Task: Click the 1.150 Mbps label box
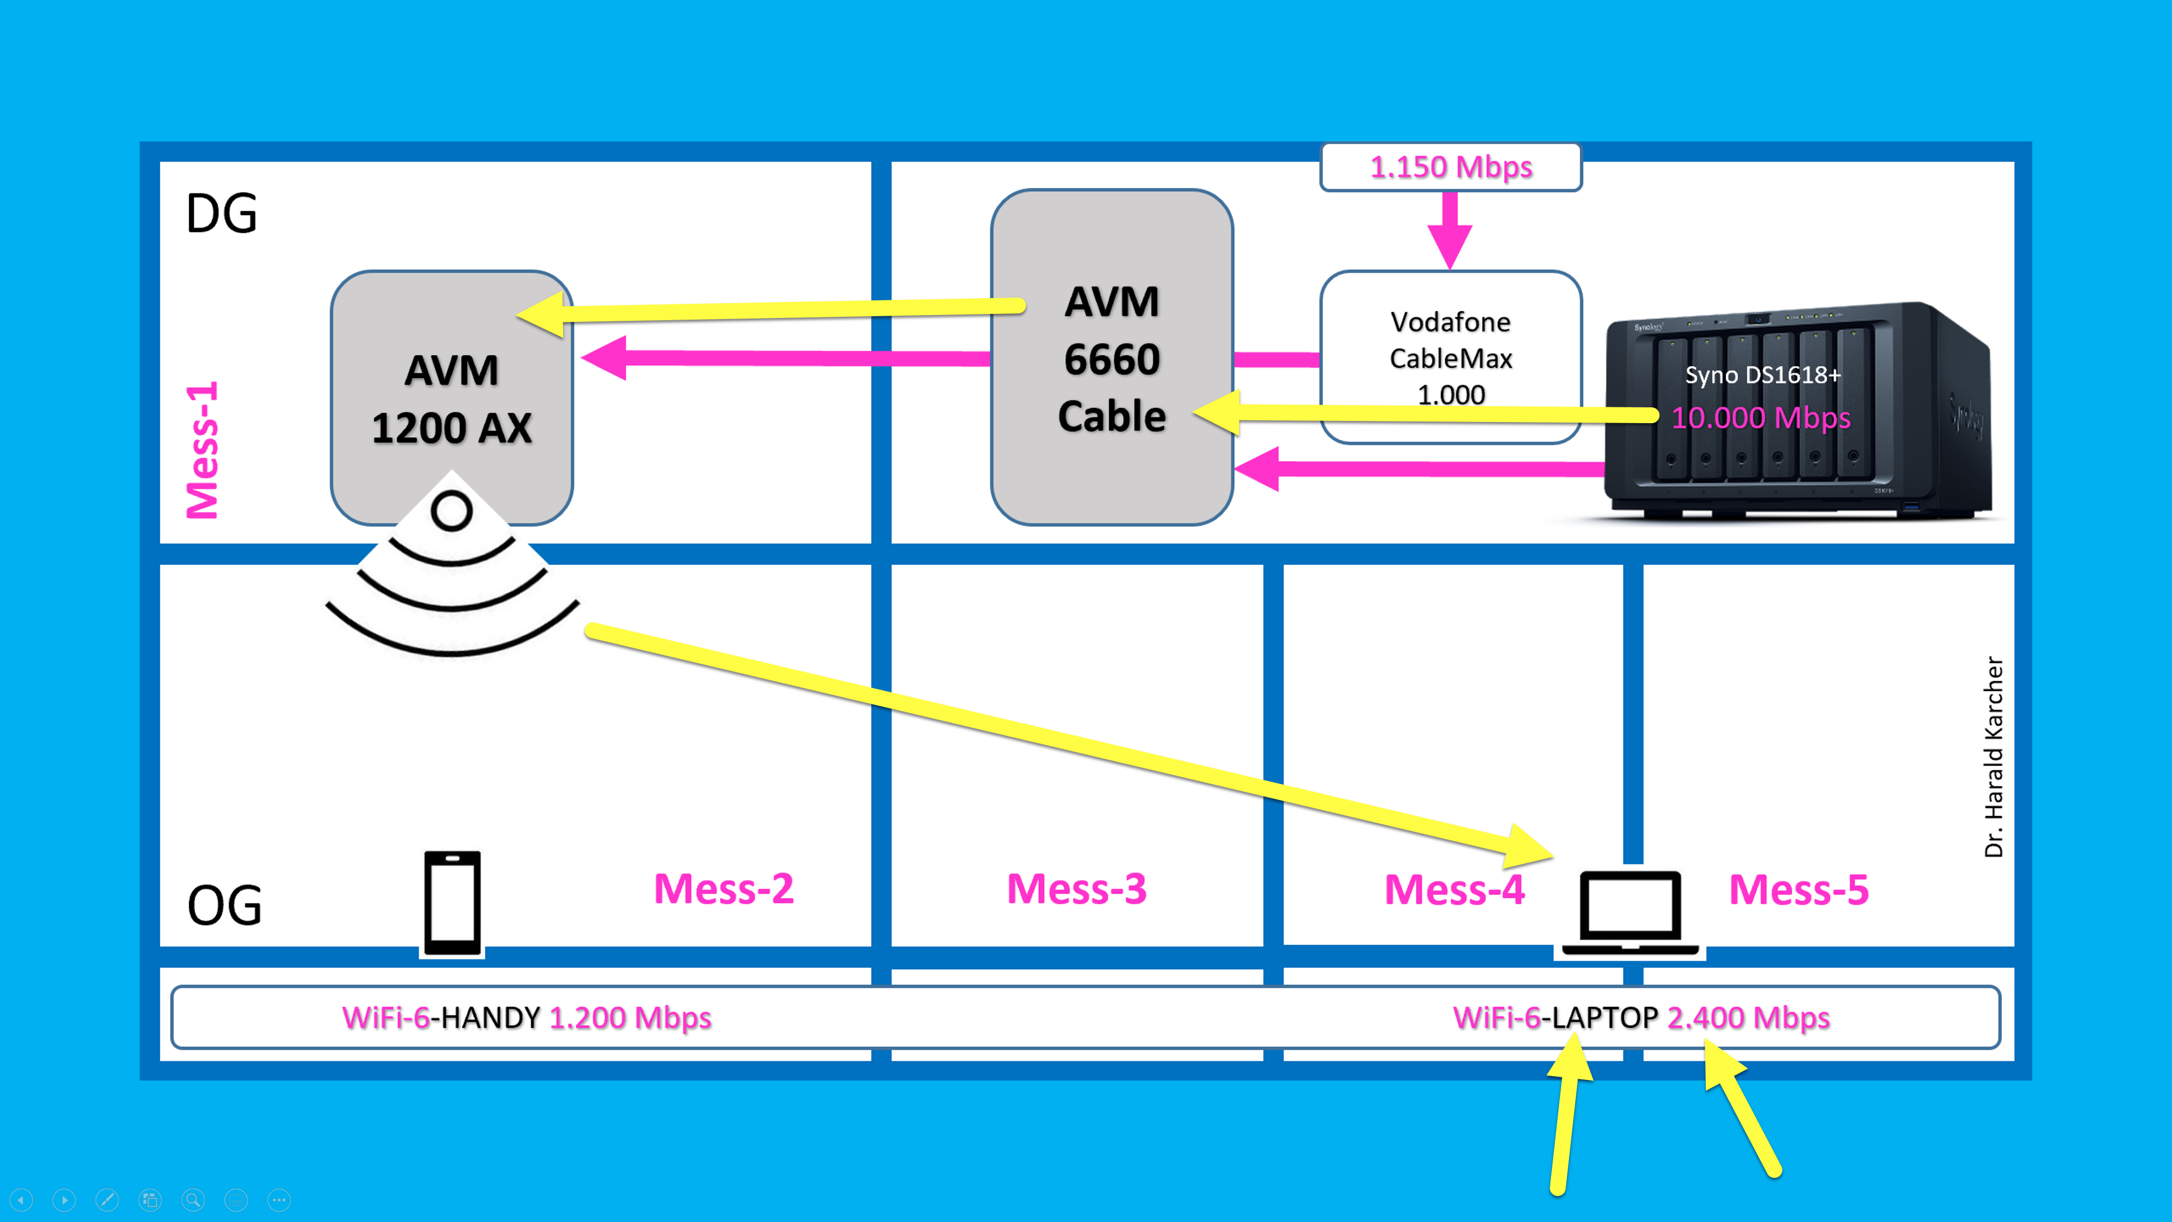click(1450, 167)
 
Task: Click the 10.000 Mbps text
click(1761, 418)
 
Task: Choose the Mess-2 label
click(723, 889)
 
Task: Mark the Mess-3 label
click(1077, 889)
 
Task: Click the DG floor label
click(221, 213)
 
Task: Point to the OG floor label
click(225, 906)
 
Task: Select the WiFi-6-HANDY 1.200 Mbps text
click(526, 1018)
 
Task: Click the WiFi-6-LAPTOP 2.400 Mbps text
click(1641, 1018)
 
